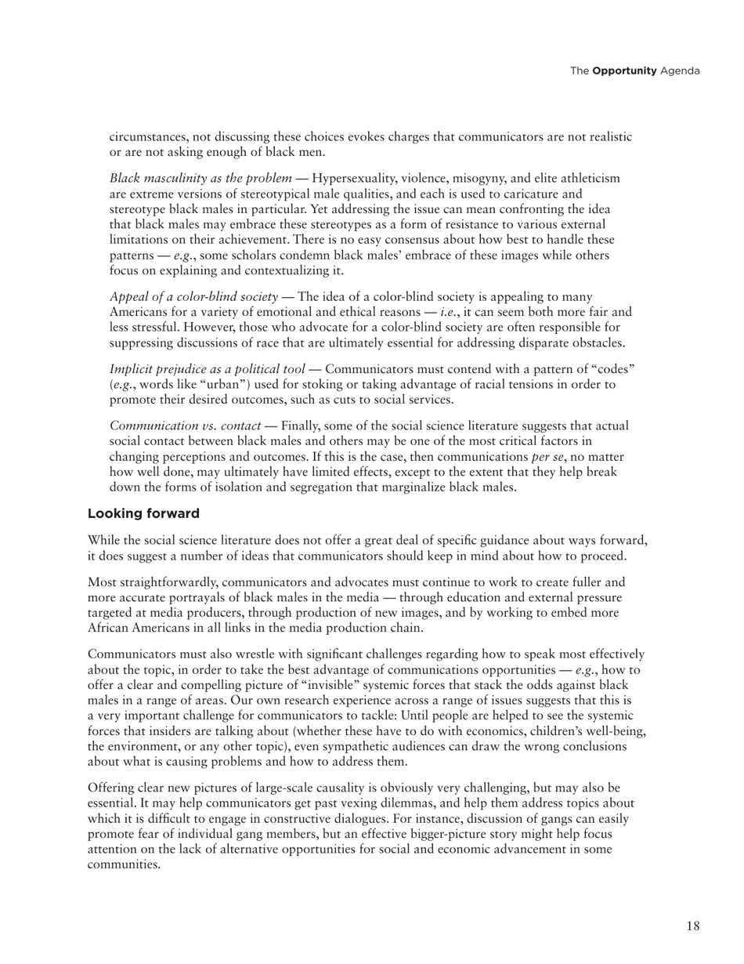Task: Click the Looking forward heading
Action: click(143, 514)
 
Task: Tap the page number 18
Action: click(692, 926)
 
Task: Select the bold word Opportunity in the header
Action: click(624, 71)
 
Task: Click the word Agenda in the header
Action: click(680, 71)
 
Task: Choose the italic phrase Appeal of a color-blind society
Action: click(193, 296)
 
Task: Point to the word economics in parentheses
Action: click(510, 731)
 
